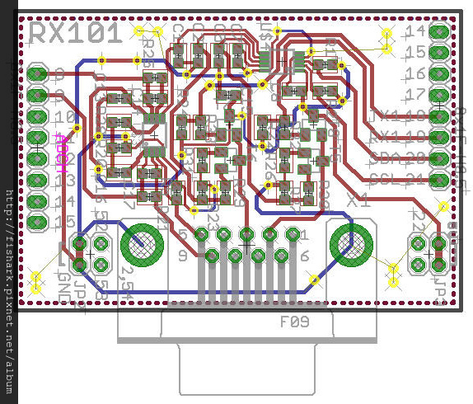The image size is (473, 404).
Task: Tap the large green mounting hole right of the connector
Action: (x=349, y=244)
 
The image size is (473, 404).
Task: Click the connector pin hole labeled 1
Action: (x=292, y=234)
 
